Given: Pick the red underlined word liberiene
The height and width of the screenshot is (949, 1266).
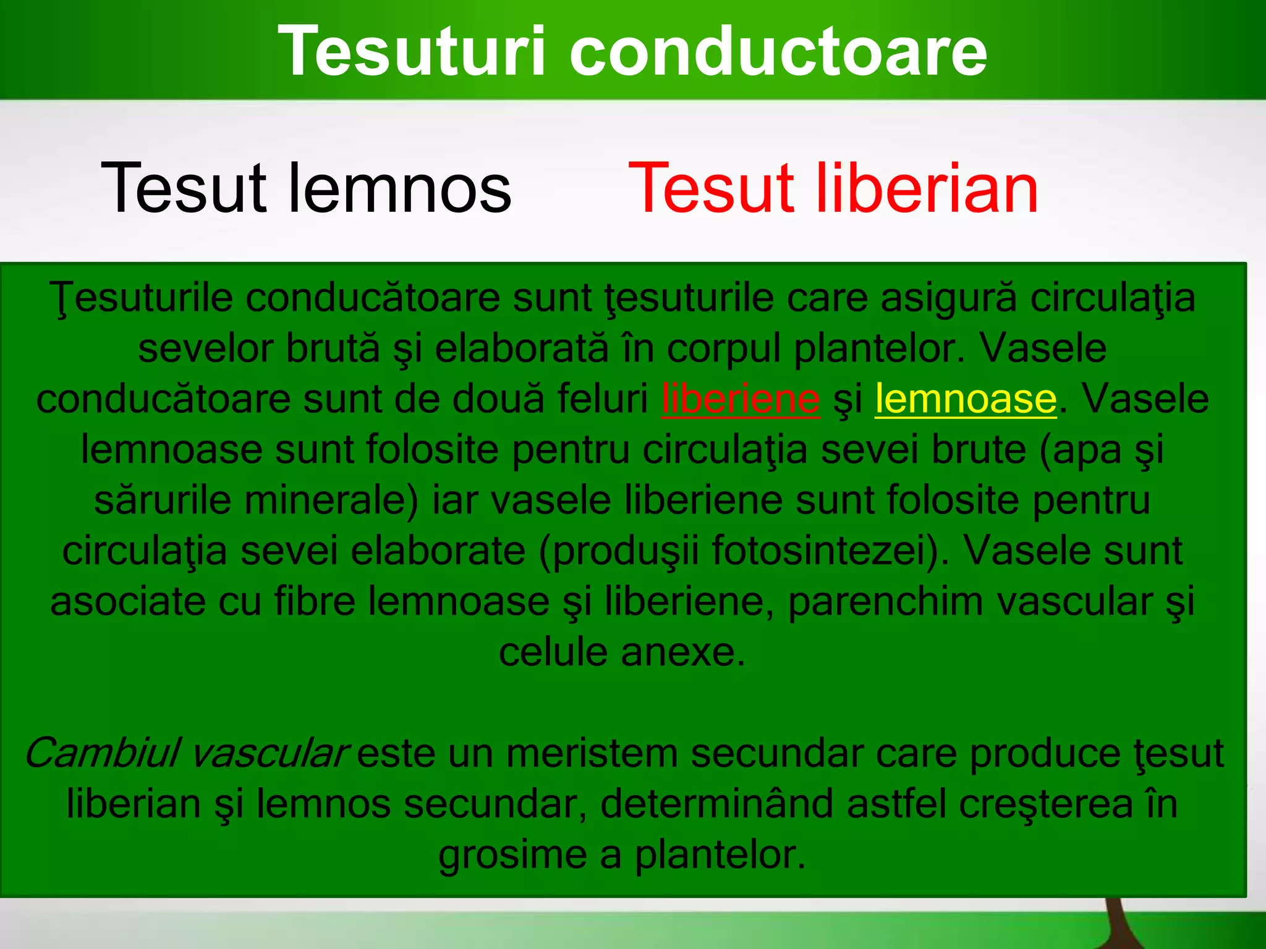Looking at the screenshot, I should pyautogui.click(x=741, y=399).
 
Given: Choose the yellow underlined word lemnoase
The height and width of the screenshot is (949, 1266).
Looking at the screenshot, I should pyautogui.click(x=966, y=399).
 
